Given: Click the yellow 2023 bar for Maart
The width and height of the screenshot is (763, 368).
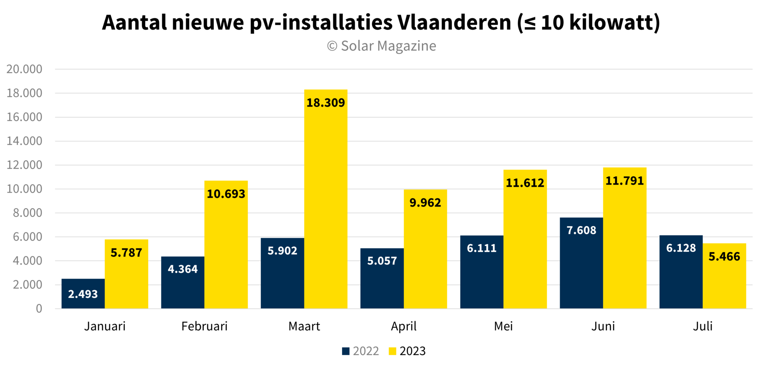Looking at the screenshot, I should (325, 199).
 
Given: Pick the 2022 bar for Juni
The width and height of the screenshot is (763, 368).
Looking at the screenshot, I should (581, 263).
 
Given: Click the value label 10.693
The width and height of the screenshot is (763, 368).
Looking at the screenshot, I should (226, 194).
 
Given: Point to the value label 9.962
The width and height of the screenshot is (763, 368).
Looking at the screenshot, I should (425, 203).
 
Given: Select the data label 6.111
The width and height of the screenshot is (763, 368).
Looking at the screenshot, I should (482, 248).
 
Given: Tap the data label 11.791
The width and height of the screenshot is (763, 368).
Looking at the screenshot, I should (624, 181).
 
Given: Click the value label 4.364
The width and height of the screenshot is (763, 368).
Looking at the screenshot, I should (182, 269).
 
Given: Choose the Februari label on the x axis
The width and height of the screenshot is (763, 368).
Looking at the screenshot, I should (204, 326).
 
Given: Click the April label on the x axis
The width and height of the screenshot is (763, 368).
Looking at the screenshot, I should (404, 326).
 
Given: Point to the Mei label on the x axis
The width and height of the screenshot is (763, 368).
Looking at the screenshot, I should (503, 326).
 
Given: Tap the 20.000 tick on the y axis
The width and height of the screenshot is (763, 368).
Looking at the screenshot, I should (24, 69).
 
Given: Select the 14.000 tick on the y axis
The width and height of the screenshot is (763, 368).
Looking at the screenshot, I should (24, 141).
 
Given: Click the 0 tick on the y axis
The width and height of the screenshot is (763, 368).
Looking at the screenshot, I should (39, 309).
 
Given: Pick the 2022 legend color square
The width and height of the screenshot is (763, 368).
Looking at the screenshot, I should (346, 351).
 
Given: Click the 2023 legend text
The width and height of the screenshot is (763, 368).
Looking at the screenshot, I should (412, 351).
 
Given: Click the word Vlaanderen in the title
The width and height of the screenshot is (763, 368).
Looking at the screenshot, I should (454, 22).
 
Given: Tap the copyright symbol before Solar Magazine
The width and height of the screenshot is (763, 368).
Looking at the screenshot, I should (332, 46).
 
